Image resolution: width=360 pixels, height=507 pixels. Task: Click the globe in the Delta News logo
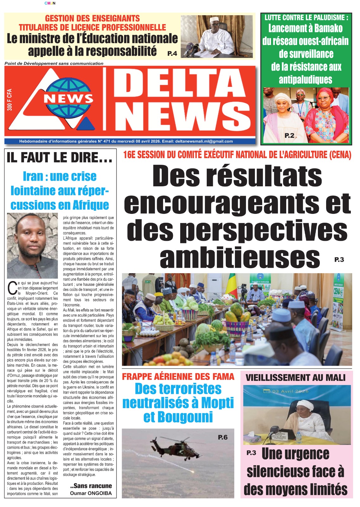(68, 98)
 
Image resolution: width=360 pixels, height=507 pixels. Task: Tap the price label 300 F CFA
(9, 100)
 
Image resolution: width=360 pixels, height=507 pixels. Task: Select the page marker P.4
(172, 54)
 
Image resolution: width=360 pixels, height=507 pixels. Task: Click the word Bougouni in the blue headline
(178, 417)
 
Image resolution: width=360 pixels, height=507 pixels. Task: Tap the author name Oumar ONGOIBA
(91, 493)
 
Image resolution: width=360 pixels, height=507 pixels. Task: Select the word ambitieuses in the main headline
(240, 258)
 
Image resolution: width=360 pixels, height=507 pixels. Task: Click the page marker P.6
(223, 437)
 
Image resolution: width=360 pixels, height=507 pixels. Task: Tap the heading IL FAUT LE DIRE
(60, 157)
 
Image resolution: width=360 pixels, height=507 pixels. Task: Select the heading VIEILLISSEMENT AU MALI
(295, 377)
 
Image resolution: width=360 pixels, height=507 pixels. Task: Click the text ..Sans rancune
(91, 486)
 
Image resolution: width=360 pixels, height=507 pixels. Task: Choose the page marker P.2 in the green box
(289, 136)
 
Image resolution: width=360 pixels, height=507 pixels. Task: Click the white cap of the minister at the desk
(215, 19)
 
